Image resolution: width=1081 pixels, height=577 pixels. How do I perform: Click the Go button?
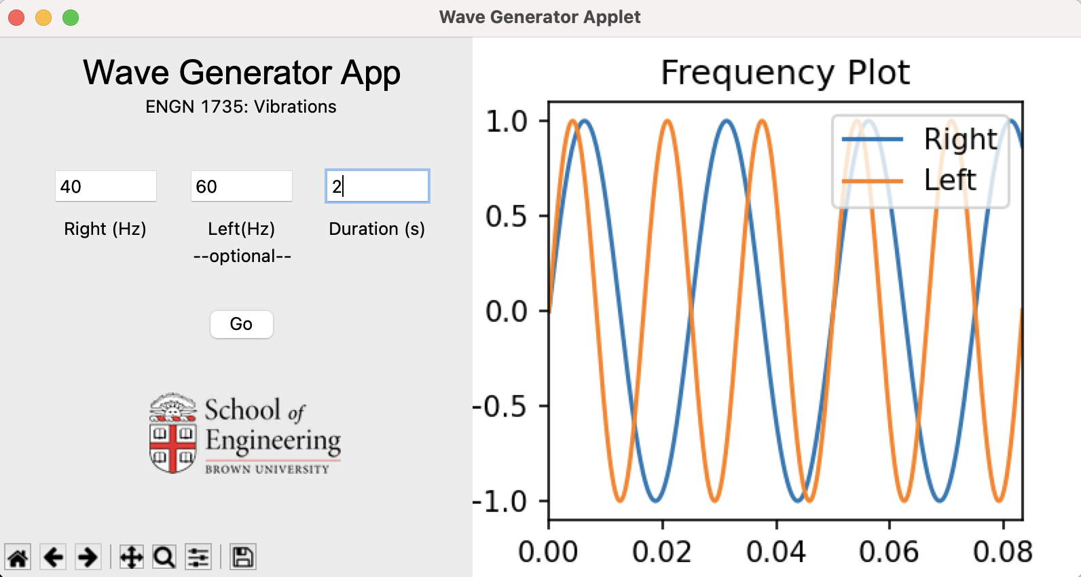241,324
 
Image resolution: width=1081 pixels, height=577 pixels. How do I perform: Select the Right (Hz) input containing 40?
106,186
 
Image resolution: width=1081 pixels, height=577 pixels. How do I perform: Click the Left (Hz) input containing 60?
241,186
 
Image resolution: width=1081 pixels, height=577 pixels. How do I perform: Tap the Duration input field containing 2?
378,186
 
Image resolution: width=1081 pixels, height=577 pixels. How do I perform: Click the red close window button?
16,18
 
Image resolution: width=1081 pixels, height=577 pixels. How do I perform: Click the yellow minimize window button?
43,18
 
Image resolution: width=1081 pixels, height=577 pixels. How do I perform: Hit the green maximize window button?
71,18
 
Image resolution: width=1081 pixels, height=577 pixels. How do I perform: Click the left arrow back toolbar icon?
53,557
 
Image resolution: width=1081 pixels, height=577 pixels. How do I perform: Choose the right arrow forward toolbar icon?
88,557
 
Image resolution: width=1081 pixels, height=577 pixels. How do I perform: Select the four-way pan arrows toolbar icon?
131,557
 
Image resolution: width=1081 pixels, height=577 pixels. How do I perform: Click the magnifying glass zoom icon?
164,557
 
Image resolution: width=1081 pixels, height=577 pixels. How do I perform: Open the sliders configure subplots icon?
198,557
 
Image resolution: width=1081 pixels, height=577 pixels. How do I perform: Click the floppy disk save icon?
242,557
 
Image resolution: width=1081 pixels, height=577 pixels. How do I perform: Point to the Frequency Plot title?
785,73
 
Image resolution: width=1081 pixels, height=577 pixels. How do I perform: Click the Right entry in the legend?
919,139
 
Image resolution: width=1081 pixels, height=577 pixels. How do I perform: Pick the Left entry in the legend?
909,181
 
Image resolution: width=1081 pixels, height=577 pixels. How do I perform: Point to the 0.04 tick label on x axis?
776,552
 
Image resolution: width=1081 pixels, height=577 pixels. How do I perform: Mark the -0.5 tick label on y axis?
500,406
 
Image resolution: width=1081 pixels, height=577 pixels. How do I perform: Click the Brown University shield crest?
172,433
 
